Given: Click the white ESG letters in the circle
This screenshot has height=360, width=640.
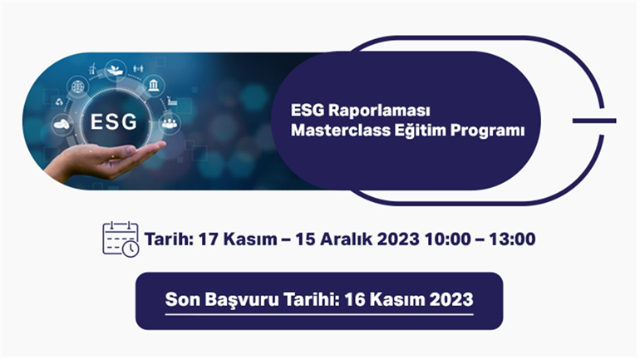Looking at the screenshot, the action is (114, 121).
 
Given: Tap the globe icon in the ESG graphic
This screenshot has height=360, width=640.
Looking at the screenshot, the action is (77, 86).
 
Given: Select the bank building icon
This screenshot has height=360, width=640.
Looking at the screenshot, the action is (154, 86).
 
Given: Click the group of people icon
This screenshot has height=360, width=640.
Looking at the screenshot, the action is (170, 122).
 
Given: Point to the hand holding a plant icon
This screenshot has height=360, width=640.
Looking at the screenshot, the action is (115, 70).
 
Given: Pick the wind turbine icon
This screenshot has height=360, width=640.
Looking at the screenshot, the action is (92, 68).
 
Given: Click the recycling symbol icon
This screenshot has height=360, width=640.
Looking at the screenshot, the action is (60, 101).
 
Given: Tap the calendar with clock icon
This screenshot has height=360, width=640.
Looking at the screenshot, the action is (121, 239).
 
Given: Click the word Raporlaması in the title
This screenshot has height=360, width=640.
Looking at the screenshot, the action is (379, 111).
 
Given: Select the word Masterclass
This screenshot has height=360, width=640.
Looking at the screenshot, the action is (341, 131).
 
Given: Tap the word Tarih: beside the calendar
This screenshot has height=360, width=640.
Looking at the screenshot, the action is (169, 239).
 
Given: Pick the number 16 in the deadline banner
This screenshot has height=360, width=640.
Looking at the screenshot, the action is (355, 299).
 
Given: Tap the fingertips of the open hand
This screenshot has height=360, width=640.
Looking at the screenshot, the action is (160, 145).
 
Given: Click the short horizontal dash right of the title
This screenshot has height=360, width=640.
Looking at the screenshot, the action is (594, 121).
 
